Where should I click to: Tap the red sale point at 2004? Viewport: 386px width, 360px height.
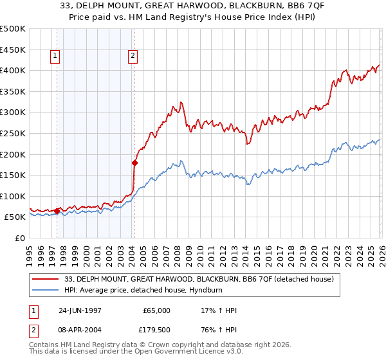134,163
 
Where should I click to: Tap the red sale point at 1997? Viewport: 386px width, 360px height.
57,210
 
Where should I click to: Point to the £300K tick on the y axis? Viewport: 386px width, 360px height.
14,113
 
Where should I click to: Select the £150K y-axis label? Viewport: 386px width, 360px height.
14,175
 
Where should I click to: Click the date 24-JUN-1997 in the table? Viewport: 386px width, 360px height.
80,310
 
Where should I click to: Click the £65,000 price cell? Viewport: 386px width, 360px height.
155,310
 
